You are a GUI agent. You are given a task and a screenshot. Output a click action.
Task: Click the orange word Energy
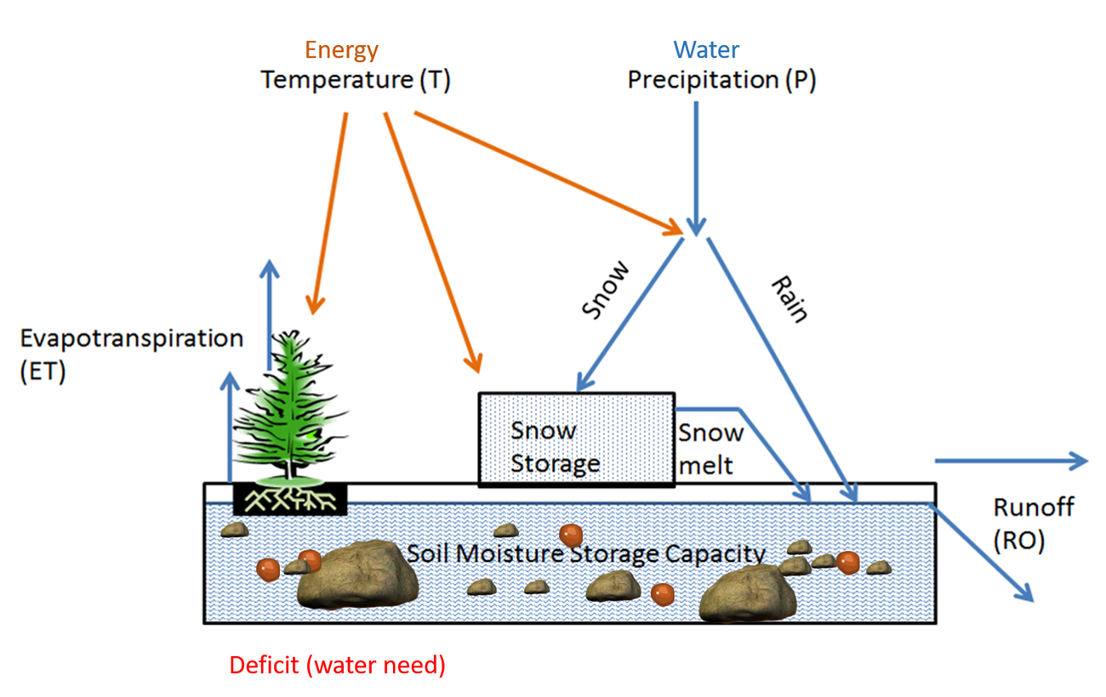(341, 50)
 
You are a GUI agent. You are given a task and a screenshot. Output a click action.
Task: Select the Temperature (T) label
(355, 81)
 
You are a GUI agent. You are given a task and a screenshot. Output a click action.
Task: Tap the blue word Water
(706, 50)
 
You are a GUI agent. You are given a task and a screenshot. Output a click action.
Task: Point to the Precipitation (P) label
(721, 81)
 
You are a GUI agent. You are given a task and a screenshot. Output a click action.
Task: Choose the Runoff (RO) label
(1033, 523)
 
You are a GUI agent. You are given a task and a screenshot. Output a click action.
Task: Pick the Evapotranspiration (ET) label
(131, 354)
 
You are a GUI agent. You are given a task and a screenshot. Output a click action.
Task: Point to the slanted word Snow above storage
(607, 290)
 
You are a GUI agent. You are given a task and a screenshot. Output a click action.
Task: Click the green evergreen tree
(291, 408)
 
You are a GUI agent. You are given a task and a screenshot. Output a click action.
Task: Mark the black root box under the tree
(290, 500)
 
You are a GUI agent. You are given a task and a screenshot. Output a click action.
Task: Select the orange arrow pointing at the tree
(329, 212)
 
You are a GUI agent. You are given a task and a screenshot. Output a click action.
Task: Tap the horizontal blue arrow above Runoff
(1011, 461)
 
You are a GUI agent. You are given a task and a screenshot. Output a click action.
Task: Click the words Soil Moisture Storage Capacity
(586, 554)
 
